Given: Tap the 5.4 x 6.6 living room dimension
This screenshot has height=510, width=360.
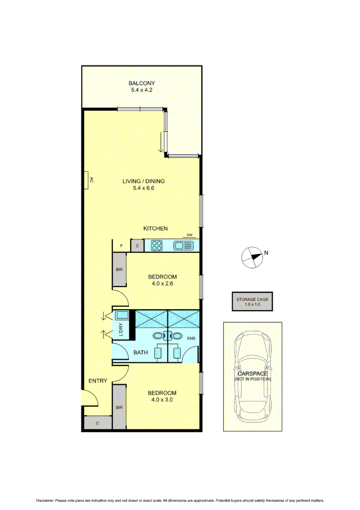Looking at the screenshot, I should (143, 188).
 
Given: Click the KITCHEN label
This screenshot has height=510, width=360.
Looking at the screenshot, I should (156, 229).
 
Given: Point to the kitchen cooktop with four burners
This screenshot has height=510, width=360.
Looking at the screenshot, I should (157, 246).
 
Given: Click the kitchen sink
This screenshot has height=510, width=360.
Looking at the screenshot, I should (184, 246).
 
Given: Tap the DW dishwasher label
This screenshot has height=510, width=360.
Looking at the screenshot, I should (189, 235).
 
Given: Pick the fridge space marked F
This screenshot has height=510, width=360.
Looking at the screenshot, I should (121, 246).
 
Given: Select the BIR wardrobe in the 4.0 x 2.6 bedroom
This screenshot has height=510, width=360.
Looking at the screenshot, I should (119, 269).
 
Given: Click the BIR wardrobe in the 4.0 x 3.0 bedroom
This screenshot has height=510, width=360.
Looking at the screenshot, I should (119, 407).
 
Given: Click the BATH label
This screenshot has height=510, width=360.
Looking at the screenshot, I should (140, 352).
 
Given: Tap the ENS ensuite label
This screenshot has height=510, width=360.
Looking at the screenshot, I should (191, 339).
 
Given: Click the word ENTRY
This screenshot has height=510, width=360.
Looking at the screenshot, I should (98, 381).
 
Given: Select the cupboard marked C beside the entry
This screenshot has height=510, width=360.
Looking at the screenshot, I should (97, 423).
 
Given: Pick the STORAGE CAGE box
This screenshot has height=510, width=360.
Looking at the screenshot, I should (252, 302).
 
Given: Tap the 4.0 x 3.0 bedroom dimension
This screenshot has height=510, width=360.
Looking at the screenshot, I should (162, 399).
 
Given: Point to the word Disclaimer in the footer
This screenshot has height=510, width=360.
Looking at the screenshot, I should (45, 500).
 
